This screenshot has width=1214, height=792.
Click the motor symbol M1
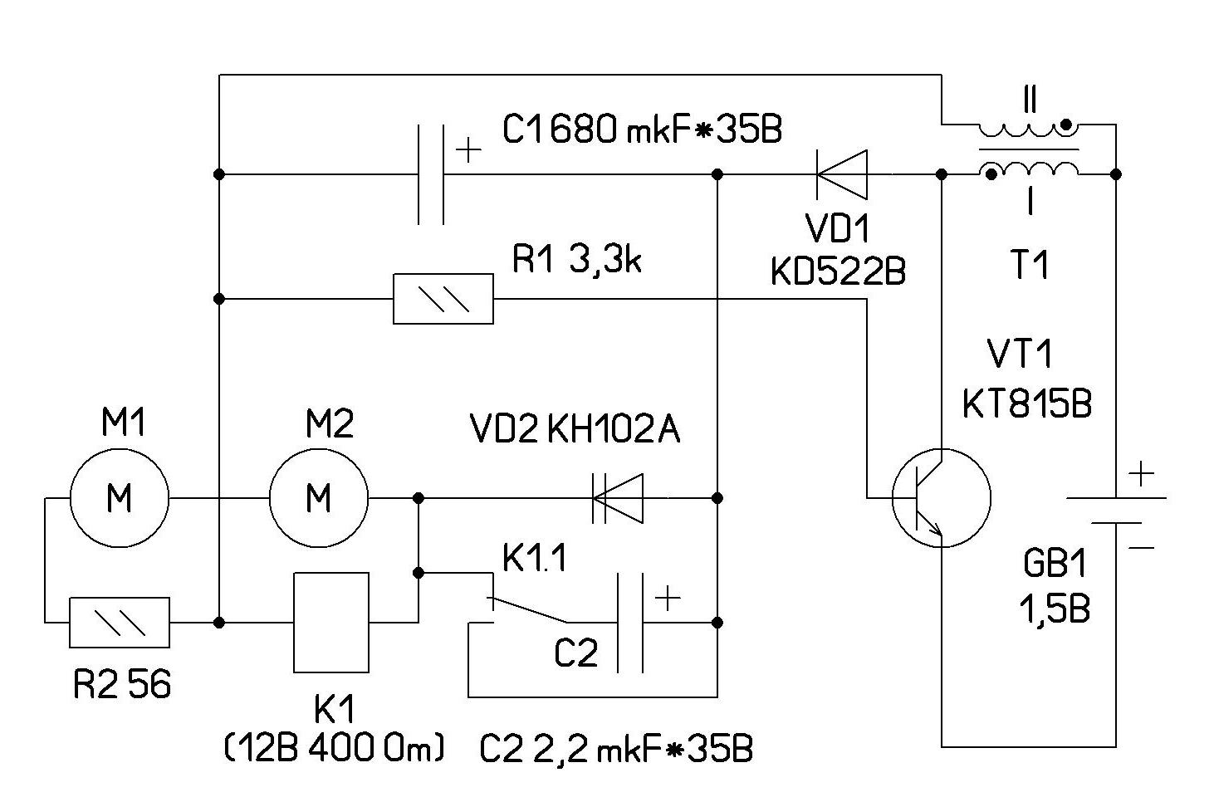pyautogui.click(x=120, y=498)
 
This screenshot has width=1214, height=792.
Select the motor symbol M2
pyautogui.click(x=319, y=498)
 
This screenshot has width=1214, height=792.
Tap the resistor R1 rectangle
pyautogui.click(x=443, y=298)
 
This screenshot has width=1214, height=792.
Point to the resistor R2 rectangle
pyautogui.click(x=120, y=622)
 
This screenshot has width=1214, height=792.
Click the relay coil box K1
pyautogui.click(x=331, y=622)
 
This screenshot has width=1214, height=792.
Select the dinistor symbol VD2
pyautogui.click(x=618, y=498)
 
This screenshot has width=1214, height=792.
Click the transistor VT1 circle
pyautogui.click(x=941, y=498)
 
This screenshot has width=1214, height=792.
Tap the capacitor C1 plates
pyautogui.click(x=430, y=174)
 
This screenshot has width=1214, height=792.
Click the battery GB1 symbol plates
pyautogui.click(x=1115, y=510)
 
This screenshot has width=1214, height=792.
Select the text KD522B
pyautogui.click(x=838, y=271)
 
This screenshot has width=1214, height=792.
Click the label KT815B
pyautogui.click(x=1026, y=404)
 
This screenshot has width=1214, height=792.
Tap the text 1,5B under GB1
pyautogui.click(x=1054, y=609)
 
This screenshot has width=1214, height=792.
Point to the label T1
pyautogui.click(x=1030, y=266)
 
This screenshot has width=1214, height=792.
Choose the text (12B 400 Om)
pyautogui.click(x=334, y=749)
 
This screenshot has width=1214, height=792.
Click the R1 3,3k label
pyautogui.click(x=576, y=260)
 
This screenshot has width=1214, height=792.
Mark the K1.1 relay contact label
pyautogui.click(x=535, y=560)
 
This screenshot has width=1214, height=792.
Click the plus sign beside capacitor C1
pyautogui.click(x=469, y=150)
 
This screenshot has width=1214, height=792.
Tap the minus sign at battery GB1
pyautogui.click(x=1142, y=547)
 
